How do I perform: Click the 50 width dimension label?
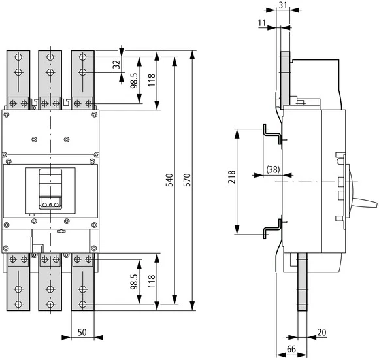click(82, 333)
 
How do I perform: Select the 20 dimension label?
click(321, 333)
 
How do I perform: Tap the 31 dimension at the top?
click(282, 7)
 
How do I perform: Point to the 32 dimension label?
click(116, 65)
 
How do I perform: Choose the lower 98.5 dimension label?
click(134, 282)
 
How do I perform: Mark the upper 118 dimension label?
click(152, 80)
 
